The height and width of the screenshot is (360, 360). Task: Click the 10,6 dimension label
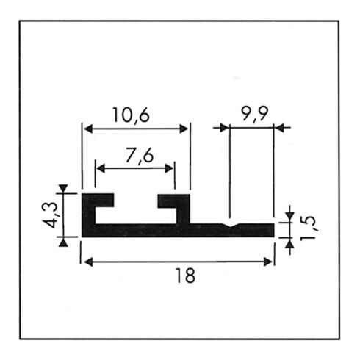coord(131,115)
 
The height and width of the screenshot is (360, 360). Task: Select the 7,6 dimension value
coord(140,155)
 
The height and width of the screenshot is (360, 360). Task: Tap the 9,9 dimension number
coord(254,114)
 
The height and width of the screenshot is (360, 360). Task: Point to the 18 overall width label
coord(186,276)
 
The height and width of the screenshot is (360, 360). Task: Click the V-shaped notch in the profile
coord(231,226)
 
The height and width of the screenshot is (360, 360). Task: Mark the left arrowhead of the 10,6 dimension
coord(88,129)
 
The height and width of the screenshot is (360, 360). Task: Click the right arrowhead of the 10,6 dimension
coord(184,129)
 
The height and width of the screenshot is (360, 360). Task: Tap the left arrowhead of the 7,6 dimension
coord(101,168)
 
